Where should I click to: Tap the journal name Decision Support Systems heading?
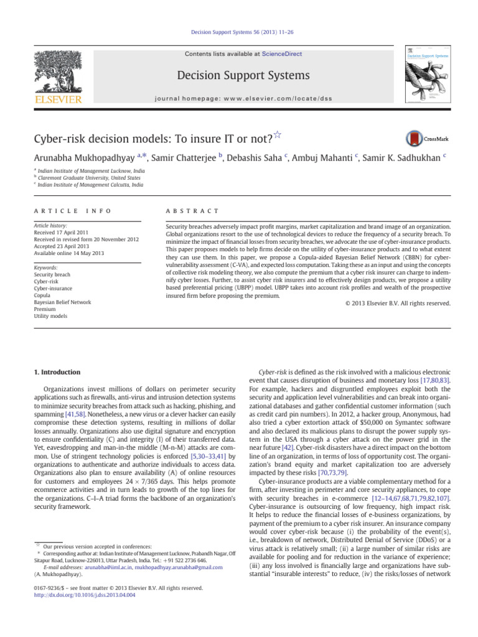point(243,76)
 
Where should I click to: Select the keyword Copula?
point(45,295)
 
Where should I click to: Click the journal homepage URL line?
point(243,98)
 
